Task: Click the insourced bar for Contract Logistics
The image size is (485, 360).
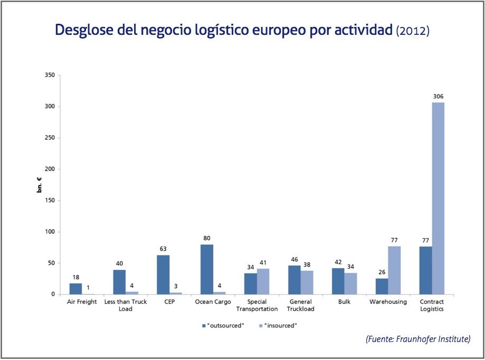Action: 438,198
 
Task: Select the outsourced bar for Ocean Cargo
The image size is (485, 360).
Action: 207,269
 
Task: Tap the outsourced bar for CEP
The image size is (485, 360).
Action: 163,274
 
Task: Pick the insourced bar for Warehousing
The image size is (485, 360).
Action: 394,270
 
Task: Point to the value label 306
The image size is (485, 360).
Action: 438,97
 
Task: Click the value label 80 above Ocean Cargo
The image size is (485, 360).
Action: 207,239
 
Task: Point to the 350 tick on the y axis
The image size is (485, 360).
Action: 50,75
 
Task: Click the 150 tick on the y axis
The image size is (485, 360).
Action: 50,201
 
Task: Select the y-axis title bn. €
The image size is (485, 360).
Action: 40,185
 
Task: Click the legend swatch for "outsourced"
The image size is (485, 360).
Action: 203,326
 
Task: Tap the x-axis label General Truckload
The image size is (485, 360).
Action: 301,305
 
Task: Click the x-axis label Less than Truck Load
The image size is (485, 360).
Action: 126,305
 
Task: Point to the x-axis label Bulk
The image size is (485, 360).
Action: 344,302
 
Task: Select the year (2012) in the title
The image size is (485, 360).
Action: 413,31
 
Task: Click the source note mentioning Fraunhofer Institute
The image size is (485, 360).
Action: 417,339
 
